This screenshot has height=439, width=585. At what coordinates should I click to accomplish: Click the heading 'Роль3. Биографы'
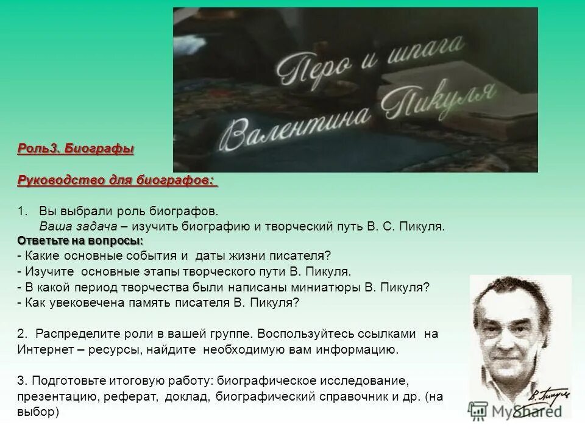click(76, 148)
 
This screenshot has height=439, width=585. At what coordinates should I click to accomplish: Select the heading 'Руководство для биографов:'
click(117, 180)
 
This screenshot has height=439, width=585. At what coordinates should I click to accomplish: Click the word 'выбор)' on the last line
click(38, 412)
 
